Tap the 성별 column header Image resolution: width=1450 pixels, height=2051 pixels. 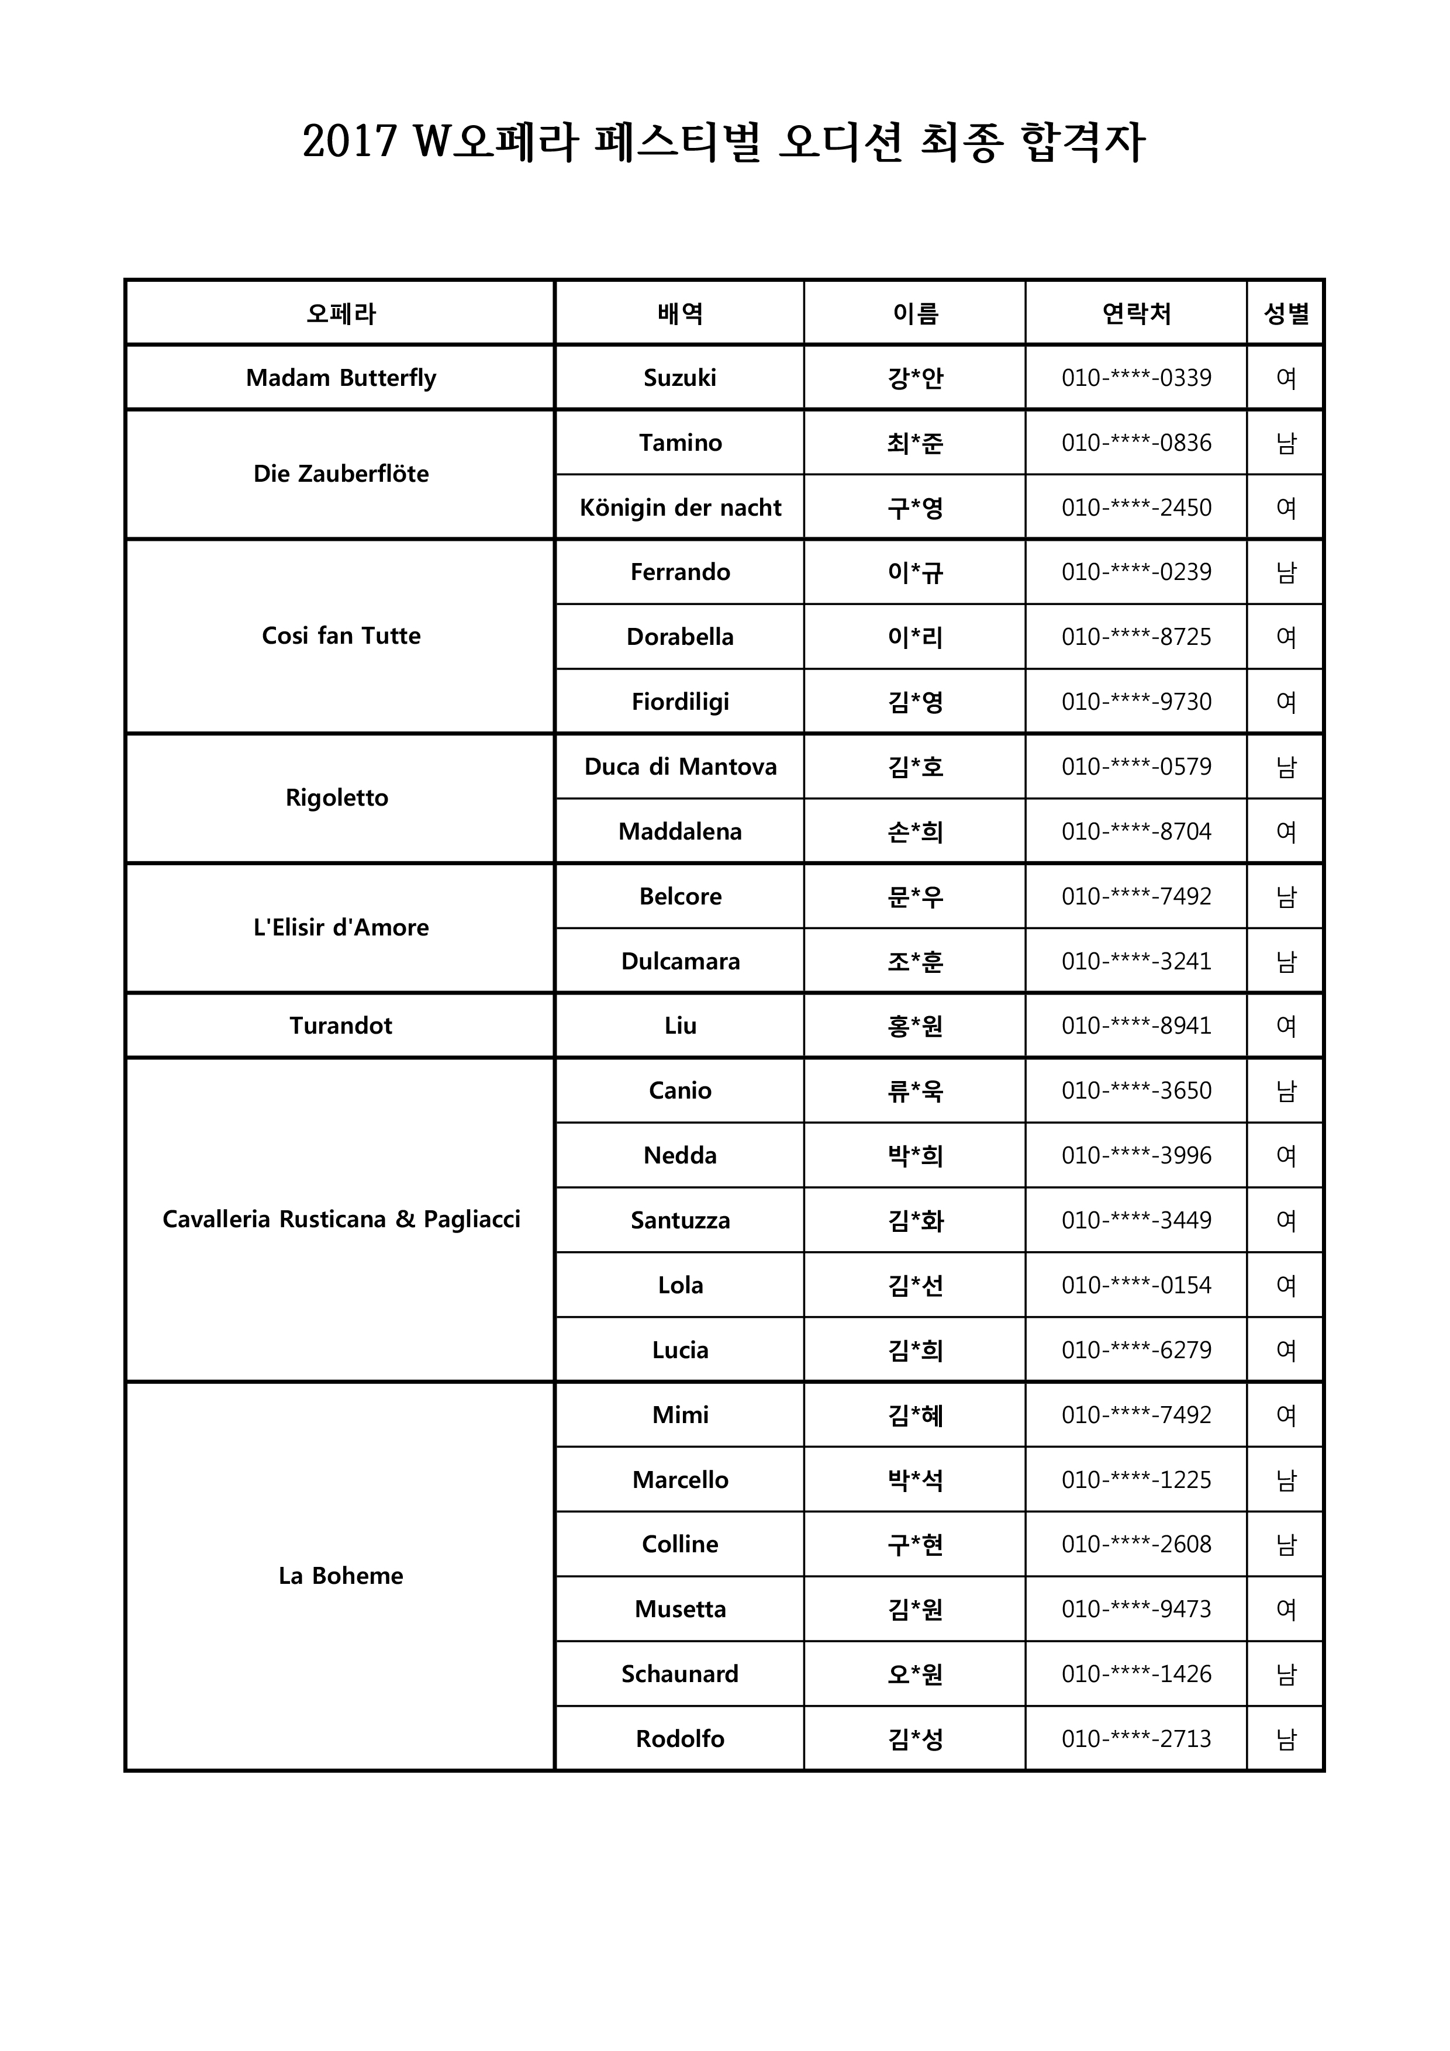coord(1286,313)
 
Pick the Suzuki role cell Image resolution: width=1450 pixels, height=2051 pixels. coord(680,378)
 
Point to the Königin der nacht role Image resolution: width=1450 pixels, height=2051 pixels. coord(680,507)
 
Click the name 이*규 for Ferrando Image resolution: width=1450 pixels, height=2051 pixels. coord(915,572)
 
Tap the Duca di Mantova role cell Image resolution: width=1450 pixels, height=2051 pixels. coord(680,766)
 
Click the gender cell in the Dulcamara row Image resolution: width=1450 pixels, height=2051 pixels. coord(1286,961)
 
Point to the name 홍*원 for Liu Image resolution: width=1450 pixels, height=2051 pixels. coord(915,1025)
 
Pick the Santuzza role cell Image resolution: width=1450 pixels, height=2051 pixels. coord(680,1220)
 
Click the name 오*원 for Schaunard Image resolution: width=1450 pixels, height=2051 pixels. coord(915,1674)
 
